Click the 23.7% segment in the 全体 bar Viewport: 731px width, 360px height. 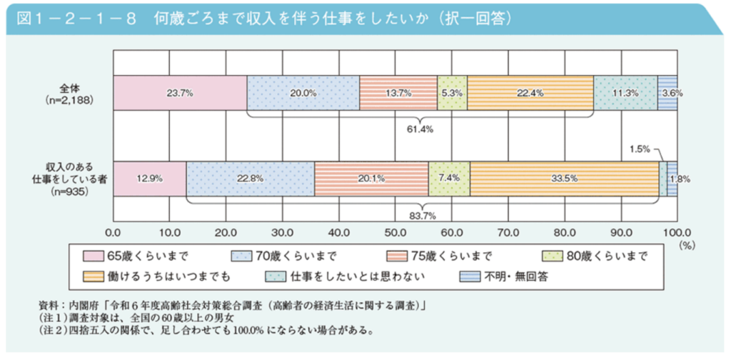(180, 93)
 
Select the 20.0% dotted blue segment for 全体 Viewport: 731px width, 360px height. (303, 93)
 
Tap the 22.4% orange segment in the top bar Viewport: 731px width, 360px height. (530, 93)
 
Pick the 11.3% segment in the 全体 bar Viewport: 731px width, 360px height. (625, 93)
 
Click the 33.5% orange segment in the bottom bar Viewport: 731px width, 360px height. (565, 179)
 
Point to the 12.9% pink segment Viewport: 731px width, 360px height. (149, 179)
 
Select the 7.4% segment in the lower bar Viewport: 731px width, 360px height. (449, 179)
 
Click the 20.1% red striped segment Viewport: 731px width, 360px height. (371, 179)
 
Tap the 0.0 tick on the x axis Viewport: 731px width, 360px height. (113, 232)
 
